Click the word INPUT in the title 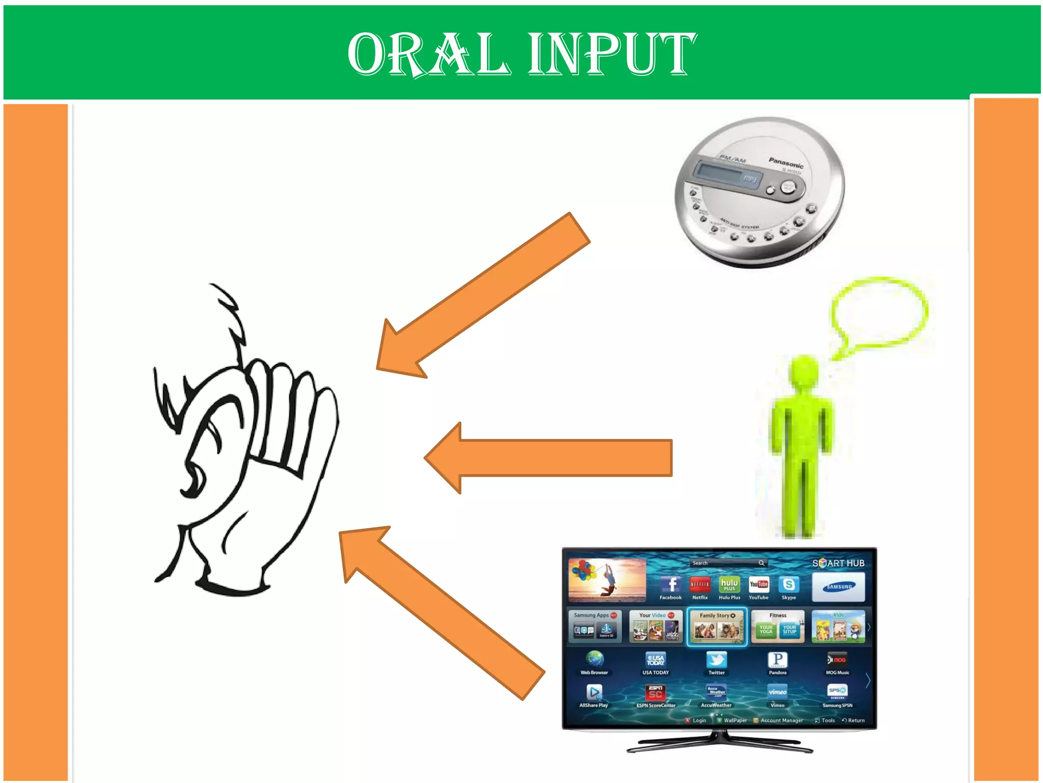[x=612, y=54]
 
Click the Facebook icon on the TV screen [x=671, y=585]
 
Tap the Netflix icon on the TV [x=700, y=585]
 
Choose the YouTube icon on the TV [x=758, y=585]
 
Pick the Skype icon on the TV [x=788, y=585]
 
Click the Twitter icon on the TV [x=716, y=661]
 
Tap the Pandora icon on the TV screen [x=778, y=661]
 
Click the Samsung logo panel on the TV [x=838, y=587]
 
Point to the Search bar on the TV [x=728, y=563]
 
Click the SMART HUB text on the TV [x=838, y=563]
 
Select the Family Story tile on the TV [x=717, y=627]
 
